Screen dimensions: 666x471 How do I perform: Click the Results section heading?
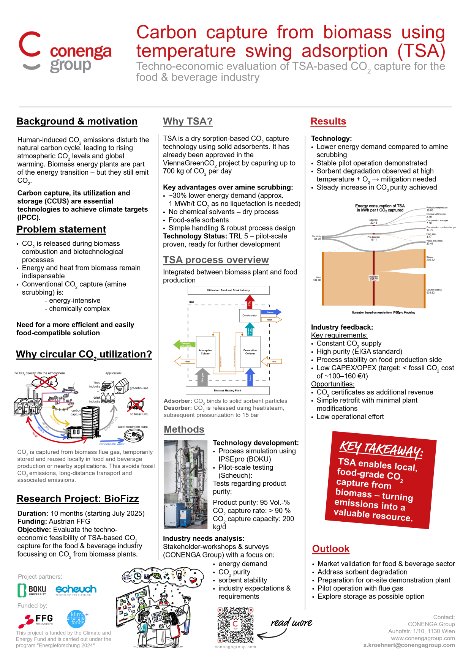(328, 122)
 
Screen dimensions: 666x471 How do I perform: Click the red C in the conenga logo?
(30, 44)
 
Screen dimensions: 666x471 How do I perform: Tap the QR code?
(235, 625)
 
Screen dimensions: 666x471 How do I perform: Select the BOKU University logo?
(32, 590)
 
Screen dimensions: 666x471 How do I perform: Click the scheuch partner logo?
(76, 589)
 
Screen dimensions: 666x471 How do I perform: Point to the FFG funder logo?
(36, 620)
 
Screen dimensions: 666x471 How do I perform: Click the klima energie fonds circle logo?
(77, 619)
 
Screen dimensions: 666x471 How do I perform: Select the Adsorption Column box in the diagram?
(205, 352)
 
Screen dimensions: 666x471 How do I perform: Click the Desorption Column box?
(250, 352)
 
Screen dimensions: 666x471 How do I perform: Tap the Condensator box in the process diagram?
(250, 315)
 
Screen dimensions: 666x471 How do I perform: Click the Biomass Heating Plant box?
(228, 390)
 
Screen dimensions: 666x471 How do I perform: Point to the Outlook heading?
(330, 549)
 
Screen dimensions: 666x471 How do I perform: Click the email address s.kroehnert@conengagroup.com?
(409, 645)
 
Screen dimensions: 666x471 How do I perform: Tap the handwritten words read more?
(291, 623)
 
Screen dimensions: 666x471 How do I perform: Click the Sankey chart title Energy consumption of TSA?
(380, 208)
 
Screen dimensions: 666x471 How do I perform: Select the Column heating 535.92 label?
(434, 291)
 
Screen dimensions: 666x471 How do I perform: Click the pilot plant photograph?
(185, 485)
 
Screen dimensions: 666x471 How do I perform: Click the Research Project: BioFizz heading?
(77, 499)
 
